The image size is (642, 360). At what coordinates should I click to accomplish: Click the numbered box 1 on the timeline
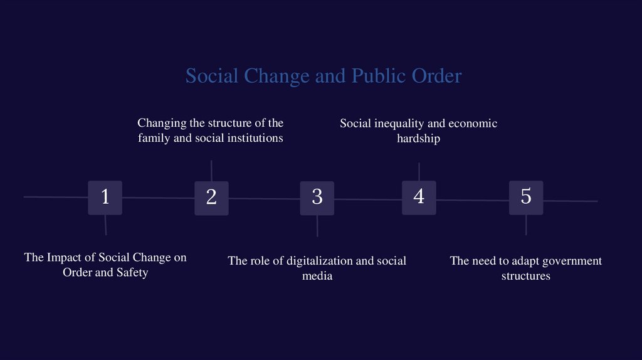[105, 198]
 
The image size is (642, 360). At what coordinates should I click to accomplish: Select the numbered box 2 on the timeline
[211, 198]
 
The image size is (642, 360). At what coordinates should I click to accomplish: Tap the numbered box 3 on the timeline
[317, 198]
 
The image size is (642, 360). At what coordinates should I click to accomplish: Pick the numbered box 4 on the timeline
[419, 198]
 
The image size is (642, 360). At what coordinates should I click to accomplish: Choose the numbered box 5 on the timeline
[526, 198]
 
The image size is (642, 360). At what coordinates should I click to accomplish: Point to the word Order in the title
[436, 76]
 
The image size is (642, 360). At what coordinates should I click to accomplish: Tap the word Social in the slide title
[212, 76]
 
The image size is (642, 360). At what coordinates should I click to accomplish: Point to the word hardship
[418, 139]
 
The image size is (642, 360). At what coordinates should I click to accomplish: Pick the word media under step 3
[317, 276]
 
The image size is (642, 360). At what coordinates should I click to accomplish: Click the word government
[566, 261]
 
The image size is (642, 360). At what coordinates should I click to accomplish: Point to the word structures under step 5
[525, 276]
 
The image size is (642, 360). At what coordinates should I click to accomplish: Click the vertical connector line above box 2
[211, 171]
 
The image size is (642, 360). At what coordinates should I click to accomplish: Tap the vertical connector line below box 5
[526, 225]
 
